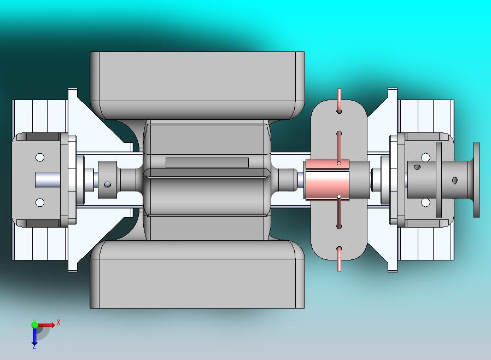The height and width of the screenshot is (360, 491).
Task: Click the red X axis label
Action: click(x=59, y=322)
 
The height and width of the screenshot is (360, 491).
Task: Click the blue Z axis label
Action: click(x=34, y=346)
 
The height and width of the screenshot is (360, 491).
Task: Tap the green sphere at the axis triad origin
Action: click(x=35, y=325)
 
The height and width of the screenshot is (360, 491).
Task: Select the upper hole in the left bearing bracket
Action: click(x=40, y=157)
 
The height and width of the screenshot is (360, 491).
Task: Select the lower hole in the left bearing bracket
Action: click(x=40, y=202)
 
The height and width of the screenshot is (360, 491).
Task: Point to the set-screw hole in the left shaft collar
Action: click(x=107, y=185)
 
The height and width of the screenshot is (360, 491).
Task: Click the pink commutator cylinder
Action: click(x=327, y=179)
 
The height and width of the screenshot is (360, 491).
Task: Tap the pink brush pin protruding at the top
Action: click(x=339, y=101)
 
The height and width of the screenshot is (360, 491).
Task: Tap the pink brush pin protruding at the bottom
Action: click(x=339, y=259)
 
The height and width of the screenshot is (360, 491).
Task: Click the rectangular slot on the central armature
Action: click(x=207, y=162)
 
